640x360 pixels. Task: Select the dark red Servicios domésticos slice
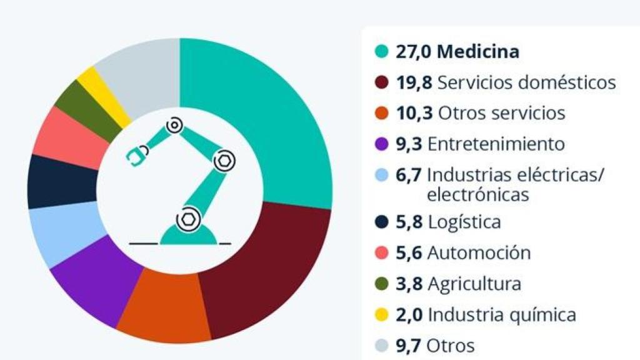[269, 269]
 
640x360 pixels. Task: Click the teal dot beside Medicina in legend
[381, 52]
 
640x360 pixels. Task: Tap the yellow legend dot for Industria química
[381, 314]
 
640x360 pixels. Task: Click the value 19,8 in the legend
[414, 82]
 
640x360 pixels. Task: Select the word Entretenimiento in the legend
[496, 144]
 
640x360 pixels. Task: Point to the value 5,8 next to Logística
[409, 222]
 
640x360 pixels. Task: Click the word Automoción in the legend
[479, 253]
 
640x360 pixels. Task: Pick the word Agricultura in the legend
[474, 284]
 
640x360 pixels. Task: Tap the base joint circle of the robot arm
[186, 219]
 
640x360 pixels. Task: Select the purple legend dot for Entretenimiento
[381, 144]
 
